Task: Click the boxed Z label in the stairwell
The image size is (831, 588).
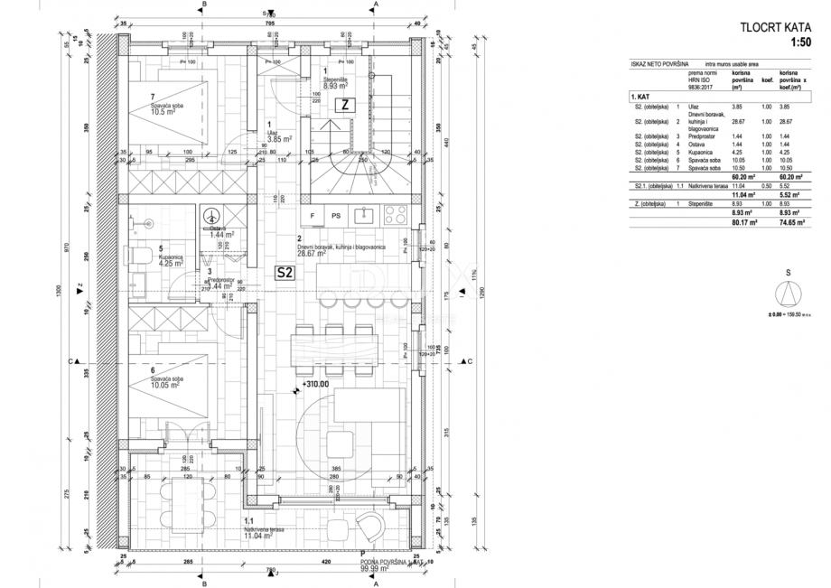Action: coord(344,105)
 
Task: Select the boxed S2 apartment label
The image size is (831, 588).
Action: coord(285,272)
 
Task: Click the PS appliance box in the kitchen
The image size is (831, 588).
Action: coord(335,216)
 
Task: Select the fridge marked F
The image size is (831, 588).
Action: coord(313,216)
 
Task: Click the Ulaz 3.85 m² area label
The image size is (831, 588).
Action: coord(276,139)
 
